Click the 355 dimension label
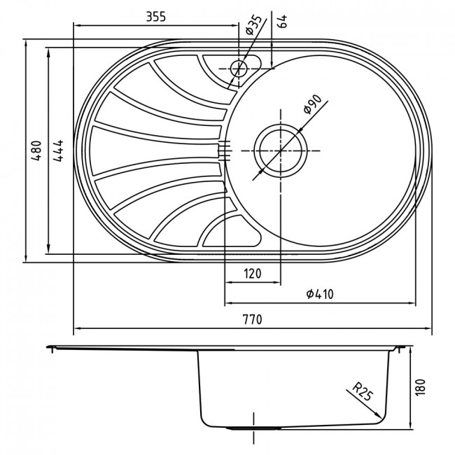155,17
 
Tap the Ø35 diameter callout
253,25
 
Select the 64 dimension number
282,21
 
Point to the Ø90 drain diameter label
312,104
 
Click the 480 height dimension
36,150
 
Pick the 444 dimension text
58,150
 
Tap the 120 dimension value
253,273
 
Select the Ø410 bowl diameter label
320,294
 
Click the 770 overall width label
252,319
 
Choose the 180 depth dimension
420,387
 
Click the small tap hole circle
239,69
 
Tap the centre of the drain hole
281,150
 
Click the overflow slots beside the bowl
224,150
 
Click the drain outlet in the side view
253,428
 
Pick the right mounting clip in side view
400,349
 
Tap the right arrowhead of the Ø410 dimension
412,303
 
